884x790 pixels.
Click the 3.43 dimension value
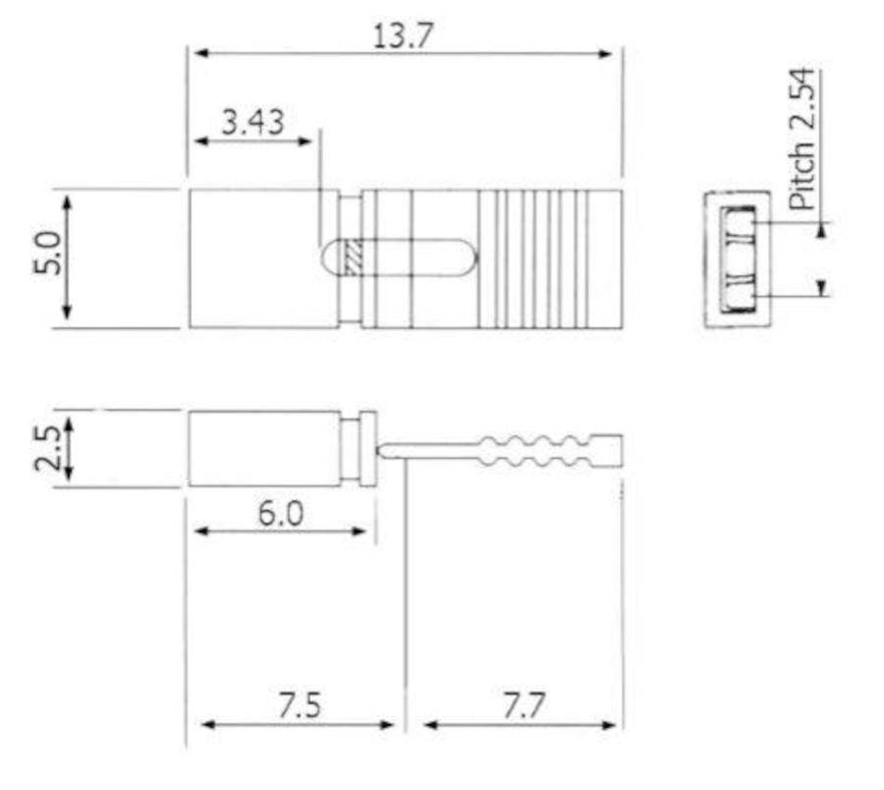253,122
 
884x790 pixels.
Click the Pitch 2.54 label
803,140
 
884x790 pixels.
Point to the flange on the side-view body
368,449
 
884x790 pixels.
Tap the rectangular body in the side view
263,449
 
